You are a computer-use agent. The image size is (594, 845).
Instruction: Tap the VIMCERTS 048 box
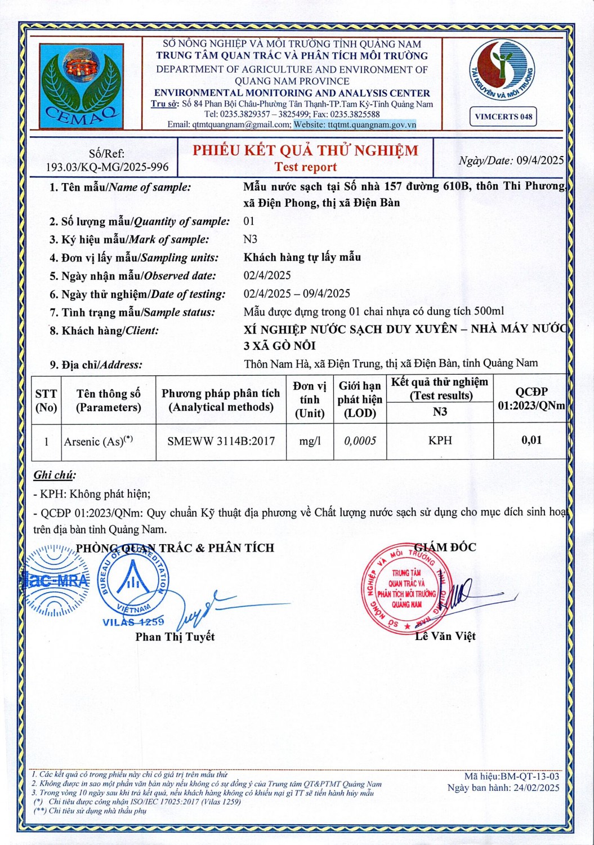pyautogui.click(x=503, y=117)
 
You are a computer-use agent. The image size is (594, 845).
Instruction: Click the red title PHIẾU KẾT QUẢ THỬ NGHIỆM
pyautogui.click(x=306, y=150)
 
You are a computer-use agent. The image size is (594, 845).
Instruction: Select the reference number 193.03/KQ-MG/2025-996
pyautogui.click(x=107, y=167)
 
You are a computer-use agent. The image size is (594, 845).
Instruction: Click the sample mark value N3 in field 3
pyautogui.click(x=250, y=239)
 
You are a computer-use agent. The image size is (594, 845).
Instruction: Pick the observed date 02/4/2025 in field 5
pyautogui.click(x=267, y=275)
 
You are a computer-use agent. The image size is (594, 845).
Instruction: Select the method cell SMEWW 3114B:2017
pyautogui.click(x=221, y=441)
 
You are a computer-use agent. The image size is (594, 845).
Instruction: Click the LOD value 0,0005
pyautogui.click(x=360, y=441)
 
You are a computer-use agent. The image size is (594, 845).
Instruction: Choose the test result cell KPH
pyautogui.click(x=440, y=441)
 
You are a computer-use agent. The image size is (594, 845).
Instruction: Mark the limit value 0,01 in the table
pyautogui.click(x=531, y=441)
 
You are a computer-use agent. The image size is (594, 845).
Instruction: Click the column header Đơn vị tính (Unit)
pyautogui.click(x=309, y=399)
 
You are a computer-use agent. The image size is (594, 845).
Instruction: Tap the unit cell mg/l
pyautogui.click(x=309, y=441)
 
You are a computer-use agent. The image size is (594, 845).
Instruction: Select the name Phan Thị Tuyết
pyautogui.click(x=175, y=637)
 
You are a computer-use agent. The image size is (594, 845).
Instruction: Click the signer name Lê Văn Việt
pyautogui.click(x=445, y=636)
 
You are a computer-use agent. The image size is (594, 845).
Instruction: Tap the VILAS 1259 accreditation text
pyautogui.click(x=133, y=622)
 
